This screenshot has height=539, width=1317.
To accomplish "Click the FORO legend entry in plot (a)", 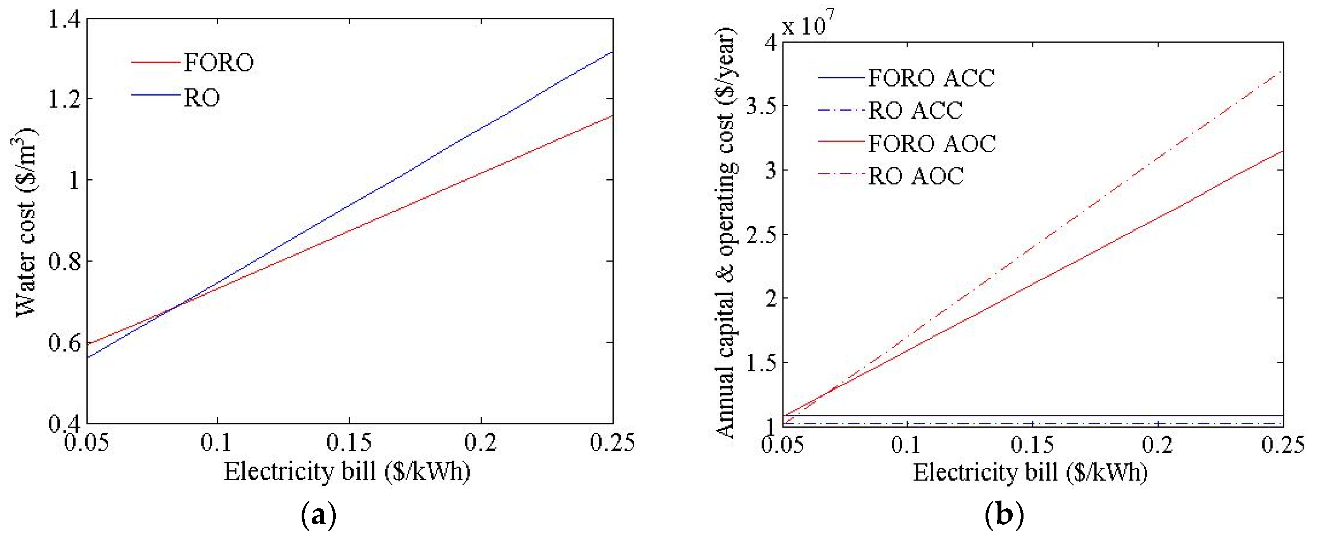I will coord(218,62).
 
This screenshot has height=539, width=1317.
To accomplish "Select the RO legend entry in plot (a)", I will coord(202,97).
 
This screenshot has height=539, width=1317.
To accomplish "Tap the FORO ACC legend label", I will coord(931,78).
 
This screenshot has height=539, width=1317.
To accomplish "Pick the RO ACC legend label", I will coord(915,110).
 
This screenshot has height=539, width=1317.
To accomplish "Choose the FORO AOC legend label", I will coord(932,143).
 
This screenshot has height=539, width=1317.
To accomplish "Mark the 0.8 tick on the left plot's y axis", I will coord(64,262).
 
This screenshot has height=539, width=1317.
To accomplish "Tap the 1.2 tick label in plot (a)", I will coord(64,99).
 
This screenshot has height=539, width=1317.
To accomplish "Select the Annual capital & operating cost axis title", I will coord(725,233).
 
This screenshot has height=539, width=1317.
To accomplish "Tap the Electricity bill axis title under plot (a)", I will coord(347,471).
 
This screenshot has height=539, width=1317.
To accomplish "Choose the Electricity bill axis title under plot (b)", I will coord(1030,472).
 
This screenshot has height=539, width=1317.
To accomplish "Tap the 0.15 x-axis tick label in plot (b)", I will coord(1033,444).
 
